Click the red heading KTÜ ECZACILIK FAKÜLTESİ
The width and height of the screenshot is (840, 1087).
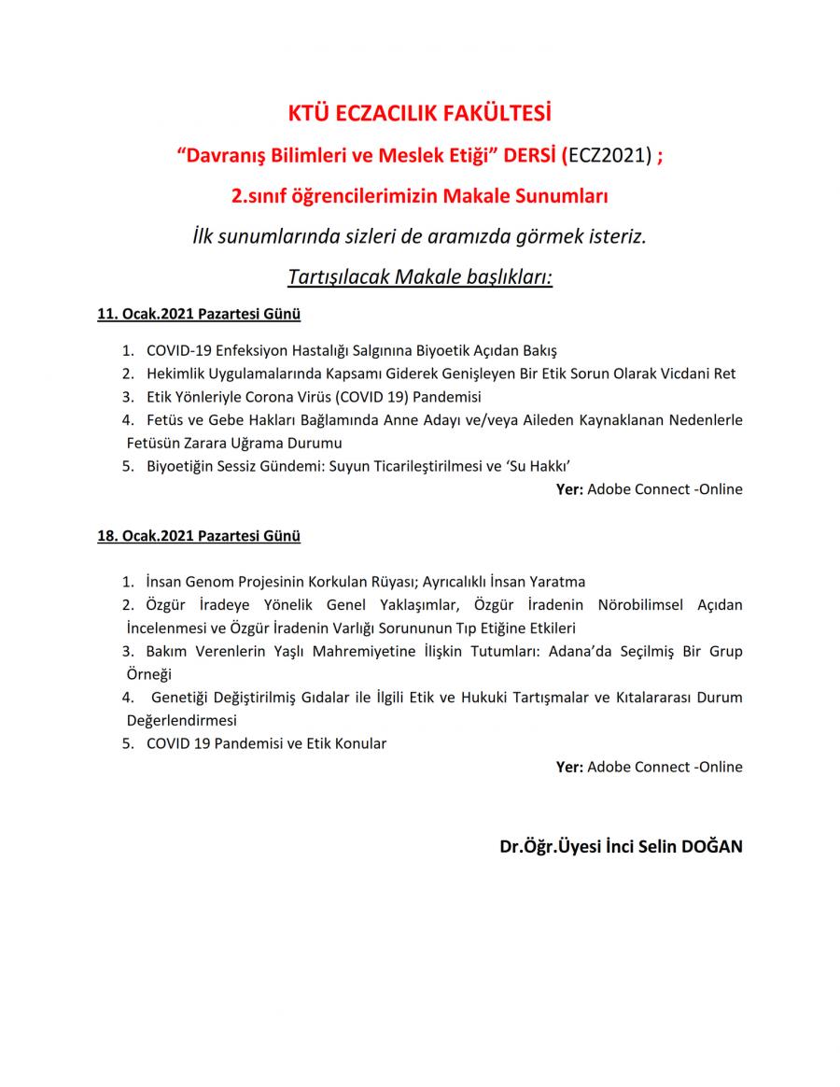pos(419,115)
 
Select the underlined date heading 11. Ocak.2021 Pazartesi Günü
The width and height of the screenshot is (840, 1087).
pos(199,315)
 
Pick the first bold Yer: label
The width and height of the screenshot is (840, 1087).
pos(569,489)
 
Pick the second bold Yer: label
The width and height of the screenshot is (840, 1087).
pos(569,767)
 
